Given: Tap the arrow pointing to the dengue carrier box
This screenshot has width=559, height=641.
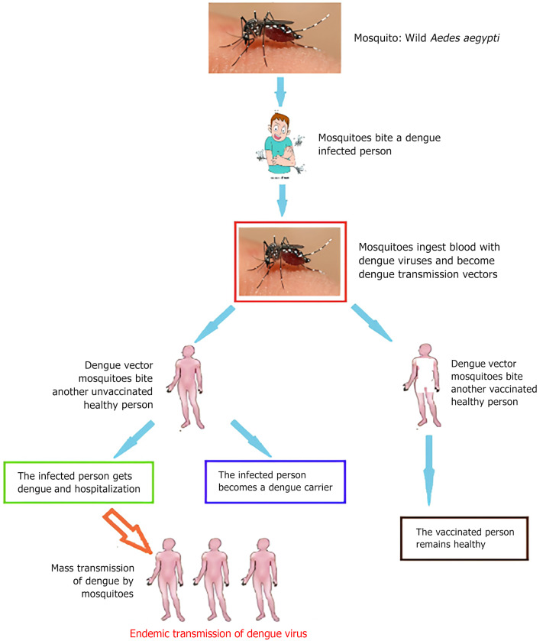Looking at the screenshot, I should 250,438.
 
